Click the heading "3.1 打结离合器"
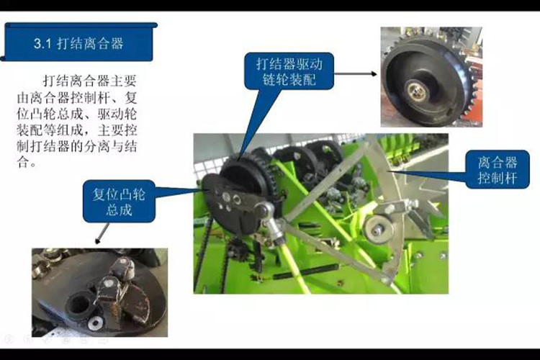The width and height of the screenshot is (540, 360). [78, 43]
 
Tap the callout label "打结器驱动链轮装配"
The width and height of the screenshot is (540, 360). [289, 72]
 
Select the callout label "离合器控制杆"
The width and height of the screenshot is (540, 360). [498, 170]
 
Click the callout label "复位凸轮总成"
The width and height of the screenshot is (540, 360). [119, 202]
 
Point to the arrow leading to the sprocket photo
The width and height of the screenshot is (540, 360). [356, 73]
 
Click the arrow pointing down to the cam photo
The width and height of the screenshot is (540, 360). [102, 233]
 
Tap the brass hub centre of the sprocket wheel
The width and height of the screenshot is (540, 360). [418, 90]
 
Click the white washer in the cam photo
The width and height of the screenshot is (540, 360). [94, 323]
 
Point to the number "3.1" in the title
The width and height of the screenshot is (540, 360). [42, 44]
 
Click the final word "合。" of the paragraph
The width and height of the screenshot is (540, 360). [26, 162]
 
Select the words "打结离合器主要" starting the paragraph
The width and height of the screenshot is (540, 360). [90, 81]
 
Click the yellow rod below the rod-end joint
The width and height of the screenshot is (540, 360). [293, 265]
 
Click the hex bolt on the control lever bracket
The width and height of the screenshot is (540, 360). [390, 209]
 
